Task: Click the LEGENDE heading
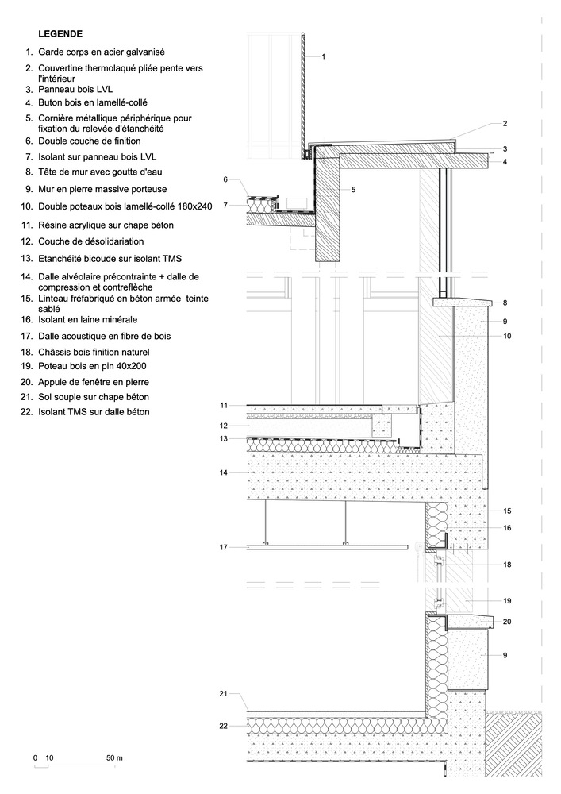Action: point(60,34)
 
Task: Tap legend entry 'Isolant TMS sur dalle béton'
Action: point(94,412)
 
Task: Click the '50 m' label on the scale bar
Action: point(115,758)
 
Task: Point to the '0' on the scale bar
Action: point(35,758)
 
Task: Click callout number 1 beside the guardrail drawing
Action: point(324,56)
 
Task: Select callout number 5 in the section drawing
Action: point(353,190)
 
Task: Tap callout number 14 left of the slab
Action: point(225,472)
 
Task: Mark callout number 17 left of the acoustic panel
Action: point(225,547)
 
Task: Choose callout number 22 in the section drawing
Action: point(225,726)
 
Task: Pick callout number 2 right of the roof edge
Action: point(504,124)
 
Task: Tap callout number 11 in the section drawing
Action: point(225,406)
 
